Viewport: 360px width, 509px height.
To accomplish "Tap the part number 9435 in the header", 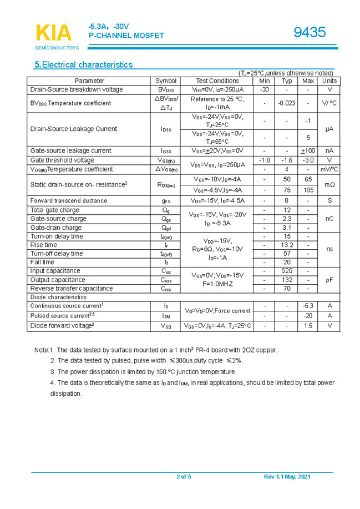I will coord(310,33).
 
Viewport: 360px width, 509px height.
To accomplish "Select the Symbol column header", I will coord(166,81).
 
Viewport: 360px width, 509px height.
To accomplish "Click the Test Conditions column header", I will coord(217,81).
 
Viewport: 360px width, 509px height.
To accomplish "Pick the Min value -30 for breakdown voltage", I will coord(265,89).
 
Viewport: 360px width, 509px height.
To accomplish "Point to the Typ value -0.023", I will coord(287,103).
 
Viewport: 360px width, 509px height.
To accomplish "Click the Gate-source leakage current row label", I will coord(70,150).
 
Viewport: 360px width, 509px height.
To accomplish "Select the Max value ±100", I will coord(308,150).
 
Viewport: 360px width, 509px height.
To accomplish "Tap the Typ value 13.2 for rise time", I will coord(287,245).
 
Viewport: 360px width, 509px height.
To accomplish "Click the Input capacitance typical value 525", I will coord(287,271).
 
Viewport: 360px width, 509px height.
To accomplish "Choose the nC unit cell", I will coord(329,219).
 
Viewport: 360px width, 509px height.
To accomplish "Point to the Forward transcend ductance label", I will coord(69,200).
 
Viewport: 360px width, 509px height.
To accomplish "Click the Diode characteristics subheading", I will coord(58,297).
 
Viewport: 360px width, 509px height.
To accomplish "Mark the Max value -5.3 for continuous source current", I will coord(308,306).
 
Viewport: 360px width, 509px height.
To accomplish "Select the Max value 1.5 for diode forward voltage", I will coord(308,326).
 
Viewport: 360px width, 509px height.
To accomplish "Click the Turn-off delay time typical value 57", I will coord(287,254).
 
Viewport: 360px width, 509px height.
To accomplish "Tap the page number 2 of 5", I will coord(184,477).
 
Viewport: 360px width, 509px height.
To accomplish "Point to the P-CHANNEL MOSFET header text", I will coord(126,36).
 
